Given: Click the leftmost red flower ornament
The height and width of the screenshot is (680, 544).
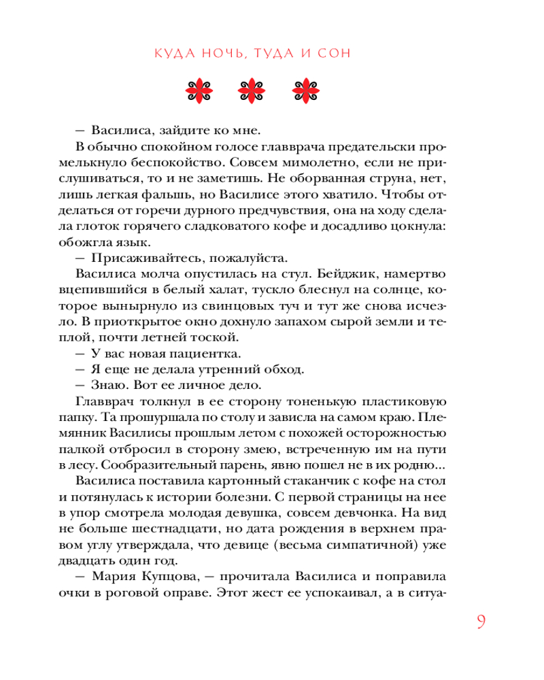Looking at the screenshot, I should (x=201, y=90).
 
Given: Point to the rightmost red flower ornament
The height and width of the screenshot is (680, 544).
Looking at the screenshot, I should (x=305, y=90).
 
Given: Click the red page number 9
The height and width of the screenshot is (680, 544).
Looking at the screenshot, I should (x=480, y=623).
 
